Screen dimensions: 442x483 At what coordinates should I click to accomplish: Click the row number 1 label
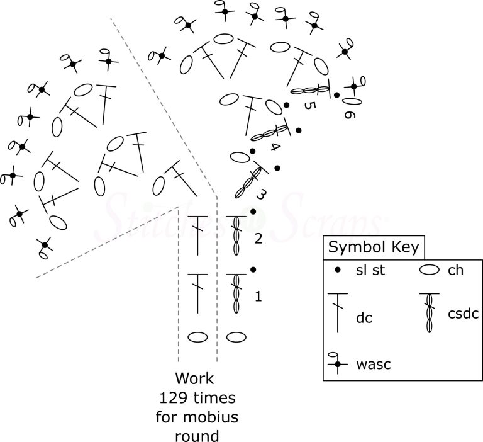tap(258, 295)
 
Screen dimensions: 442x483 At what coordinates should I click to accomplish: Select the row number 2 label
tap(258, 239)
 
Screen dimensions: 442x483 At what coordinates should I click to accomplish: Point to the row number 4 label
tap(275, 147)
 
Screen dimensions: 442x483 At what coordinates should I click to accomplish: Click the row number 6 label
tap(350, 113)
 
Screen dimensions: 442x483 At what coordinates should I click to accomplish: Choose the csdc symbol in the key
tap(431, 312)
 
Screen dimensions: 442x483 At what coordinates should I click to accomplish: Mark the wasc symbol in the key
tap(338, 363)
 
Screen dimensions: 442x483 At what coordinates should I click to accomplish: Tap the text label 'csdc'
tap(464, 312)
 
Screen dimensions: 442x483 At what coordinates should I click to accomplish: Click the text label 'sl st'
tap(370, 272)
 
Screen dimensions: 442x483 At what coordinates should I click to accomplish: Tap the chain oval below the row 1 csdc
tap(236, 337)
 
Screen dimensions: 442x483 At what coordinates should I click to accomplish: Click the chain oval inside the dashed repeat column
tap(197, 337)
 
